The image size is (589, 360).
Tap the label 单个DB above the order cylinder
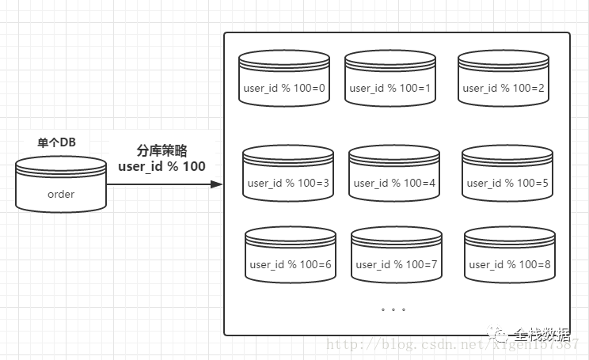(62, 142)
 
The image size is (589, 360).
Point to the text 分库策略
(161, 150)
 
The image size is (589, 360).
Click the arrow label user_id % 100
(161, 166)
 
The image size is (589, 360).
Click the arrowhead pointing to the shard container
(216, 184)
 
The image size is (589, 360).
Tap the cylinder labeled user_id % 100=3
(288, 173)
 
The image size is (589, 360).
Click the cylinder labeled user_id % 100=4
(394, 173)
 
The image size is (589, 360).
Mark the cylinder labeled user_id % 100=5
(507, 173)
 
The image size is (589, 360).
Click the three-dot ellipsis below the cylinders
(393, 309)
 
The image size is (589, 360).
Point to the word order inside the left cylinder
(61, 194)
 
